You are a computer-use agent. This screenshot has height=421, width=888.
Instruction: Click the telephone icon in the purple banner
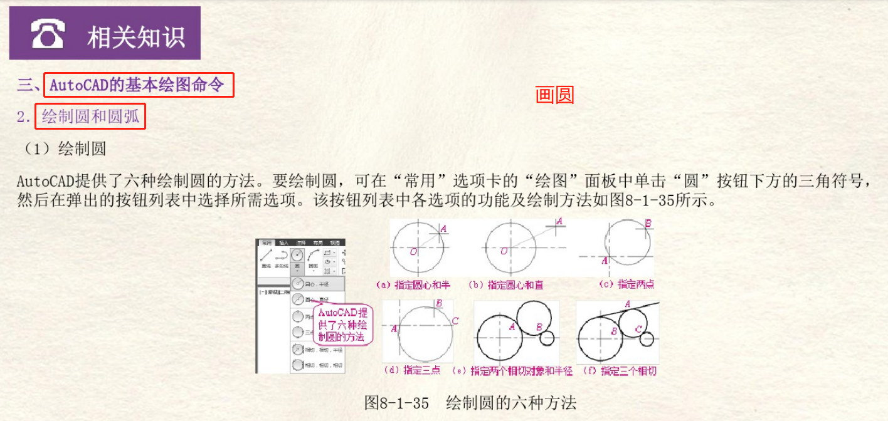click(48, 34)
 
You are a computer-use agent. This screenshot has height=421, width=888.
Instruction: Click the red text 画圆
click(554, 95)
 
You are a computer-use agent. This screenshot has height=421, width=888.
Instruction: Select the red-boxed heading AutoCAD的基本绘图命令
click(139, 85)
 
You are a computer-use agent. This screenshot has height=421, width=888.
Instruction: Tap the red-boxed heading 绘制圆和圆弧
click(90, 117)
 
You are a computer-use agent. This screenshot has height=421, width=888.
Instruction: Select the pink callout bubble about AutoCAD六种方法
click(342, 324)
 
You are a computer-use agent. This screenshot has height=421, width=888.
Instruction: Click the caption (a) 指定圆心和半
click(413, 284)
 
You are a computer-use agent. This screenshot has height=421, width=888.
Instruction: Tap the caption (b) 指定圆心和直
click(506, 284)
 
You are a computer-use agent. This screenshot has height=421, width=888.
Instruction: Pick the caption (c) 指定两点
click(627, 284)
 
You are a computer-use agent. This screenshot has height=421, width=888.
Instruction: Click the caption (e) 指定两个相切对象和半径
click(521, 370)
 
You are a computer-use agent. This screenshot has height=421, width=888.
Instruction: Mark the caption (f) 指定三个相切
click(620, 370)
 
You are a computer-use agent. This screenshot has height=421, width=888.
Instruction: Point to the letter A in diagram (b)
click(559, 221)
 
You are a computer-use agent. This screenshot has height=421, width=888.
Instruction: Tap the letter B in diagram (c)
click(648, 223)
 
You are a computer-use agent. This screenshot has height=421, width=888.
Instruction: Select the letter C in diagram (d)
click(455, 321)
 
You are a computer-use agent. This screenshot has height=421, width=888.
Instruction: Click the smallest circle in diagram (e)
click(547, 338)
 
